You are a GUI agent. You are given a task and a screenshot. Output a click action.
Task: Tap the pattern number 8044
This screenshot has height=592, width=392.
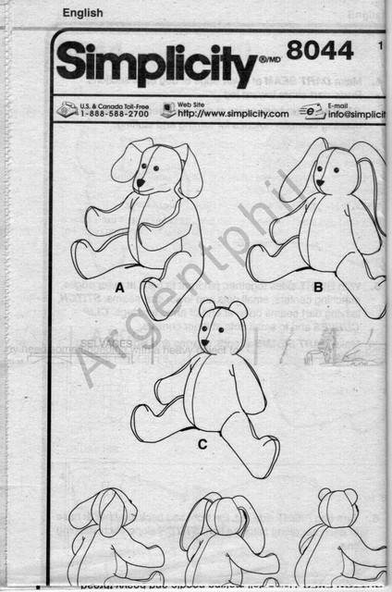[320, 51]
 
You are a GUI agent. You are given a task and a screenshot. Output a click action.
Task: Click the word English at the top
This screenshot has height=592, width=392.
[82, 13]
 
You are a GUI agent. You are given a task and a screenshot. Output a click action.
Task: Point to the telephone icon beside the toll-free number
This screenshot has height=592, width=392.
[67, 109]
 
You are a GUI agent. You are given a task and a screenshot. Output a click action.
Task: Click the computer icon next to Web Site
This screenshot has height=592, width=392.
[167, 109]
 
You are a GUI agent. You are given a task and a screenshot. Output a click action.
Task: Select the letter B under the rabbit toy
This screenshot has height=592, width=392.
[317, 287]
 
